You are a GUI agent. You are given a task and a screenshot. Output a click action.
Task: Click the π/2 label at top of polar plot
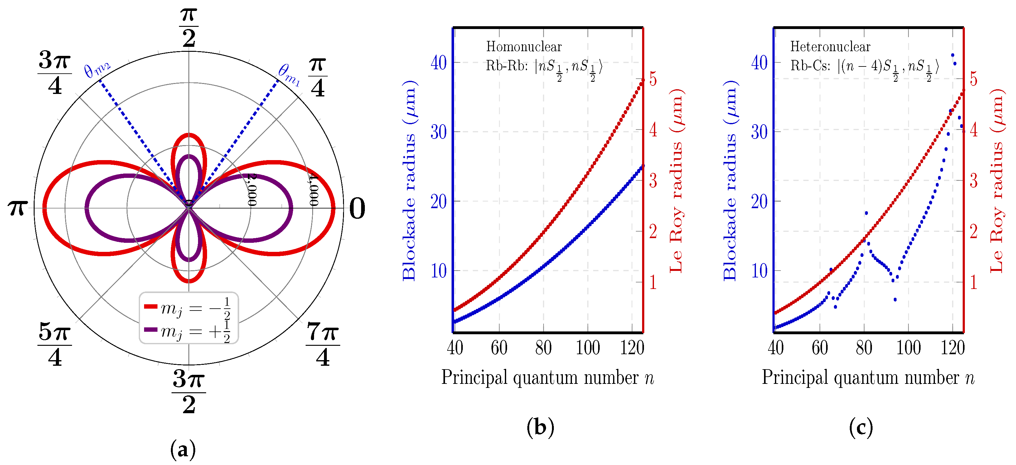tap(189, 27)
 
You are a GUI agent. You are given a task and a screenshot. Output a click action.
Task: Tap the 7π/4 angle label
tap(323, 344)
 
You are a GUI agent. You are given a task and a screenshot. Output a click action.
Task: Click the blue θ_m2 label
tap(97, 70)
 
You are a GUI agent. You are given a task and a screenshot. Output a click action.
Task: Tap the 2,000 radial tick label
tap(252, 190)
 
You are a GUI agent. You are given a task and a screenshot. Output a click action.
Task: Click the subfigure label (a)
tap(183, 449)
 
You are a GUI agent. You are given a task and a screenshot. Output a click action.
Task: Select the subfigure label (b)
tap(540, 427)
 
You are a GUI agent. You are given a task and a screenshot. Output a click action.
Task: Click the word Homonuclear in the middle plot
tap(523, 46)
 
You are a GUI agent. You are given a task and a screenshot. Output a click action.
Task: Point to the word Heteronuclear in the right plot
tap(830, 46)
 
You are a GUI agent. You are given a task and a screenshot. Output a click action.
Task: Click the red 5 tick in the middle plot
tap(653, 79)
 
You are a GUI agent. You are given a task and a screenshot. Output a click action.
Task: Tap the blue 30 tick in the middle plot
tap(438, 132)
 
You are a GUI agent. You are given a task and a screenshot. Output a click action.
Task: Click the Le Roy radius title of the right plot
tap(997, 180)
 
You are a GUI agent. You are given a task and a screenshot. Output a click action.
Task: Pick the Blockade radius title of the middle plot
tap(409, 180)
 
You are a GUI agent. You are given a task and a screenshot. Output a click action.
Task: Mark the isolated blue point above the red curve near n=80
tap(866, 213)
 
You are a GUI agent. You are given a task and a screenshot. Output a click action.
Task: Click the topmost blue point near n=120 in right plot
tap(952, 55)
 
